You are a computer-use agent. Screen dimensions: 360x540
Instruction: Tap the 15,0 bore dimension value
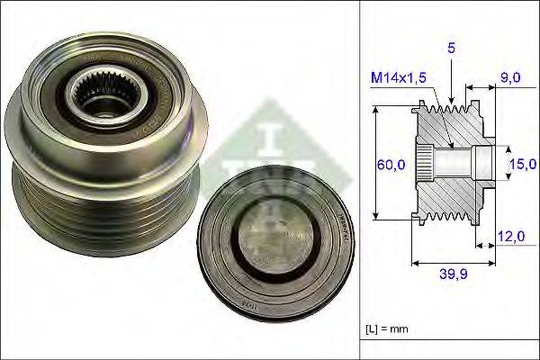(522, 163)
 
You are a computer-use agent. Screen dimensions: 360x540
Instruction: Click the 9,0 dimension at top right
(510, 78)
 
